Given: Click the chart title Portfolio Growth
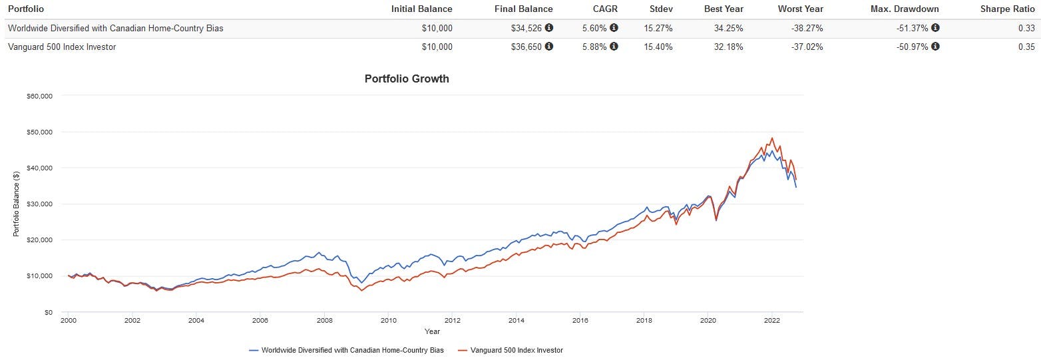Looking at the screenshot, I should click(407, 79).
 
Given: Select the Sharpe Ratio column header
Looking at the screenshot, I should click(1008, 9).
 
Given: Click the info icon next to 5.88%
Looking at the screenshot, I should click(614, 47).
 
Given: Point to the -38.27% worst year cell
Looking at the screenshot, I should click(806, 28).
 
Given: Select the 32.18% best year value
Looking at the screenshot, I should click(729, 47).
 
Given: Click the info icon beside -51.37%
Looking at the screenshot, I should click(935, 28).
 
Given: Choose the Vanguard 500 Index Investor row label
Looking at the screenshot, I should click(61, 47).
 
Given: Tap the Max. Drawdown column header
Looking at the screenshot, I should click(905, 9).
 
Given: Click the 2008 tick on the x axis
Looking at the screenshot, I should click(324, 320).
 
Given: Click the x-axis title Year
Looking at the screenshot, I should click(433, 331).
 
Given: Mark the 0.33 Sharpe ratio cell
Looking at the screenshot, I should click(1026, 28).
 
